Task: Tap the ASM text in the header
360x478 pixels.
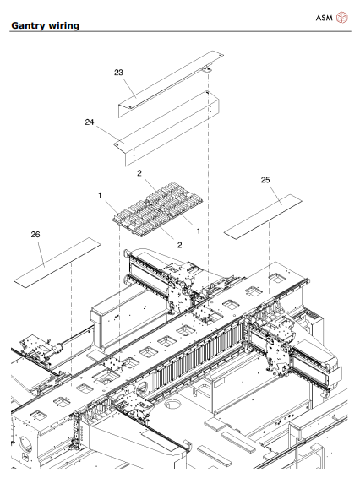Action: (324, 18)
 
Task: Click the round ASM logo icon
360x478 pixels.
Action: (342, 18)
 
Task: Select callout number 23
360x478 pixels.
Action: (118, 73)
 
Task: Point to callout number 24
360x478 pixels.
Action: (90, 122)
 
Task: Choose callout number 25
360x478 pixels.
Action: (265, 180)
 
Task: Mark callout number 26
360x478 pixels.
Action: (35, 234)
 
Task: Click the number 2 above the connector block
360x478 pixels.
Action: (139, 173)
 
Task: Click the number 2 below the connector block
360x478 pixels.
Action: (180, 245)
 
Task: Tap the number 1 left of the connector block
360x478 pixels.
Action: (100, 195)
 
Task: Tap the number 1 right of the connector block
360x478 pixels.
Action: (199, 231)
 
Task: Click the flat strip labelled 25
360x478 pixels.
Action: (263, 217)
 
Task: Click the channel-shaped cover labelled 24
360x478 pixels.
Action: (166, 128)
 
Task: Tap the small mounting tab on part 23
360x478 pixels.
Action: (206, 70)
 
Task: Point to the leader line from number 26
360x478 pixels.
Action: (41, 253)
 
